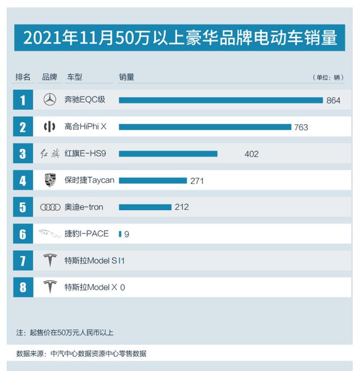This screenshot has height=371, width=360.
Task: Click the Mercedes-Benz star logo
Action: point(50,100)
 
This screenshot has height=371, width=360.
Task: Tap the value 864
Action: point(334,101)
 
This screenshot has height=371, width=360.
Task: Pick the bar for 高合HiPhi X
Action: point(205,127)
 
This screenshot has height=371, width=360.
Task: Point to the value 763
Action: point(301,128)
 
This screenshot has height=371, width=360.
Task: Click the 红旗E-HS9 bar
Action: point(168,153)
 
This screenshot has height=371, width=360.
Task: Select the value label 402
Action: point(251,154)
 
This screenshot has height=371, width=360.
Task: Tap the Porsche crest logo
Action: point(50,180)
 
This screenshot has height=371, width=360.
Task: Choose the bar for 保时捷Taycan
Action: point(152,180)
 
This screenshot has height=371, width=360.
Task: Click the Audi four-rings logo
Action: point(50,207)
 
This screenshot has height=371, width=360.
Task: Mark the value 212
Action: point(182,207)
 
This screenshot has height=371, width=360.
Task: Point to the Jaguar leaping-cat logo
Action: point(50,233)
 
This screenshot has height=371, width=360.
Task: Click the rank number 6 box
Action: point(22,234)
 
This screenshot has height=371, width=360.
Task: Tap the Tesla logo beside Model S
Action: point(50,260)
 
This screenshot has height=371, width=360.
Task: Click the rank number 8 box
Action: point(22,287)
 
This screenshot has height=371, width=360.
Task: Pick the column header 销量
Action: point(127,77)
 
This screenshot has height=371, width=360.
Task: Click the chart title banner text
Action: point(180,38)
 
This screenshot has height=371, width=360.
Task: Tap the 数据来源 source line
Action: point(82,354)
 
